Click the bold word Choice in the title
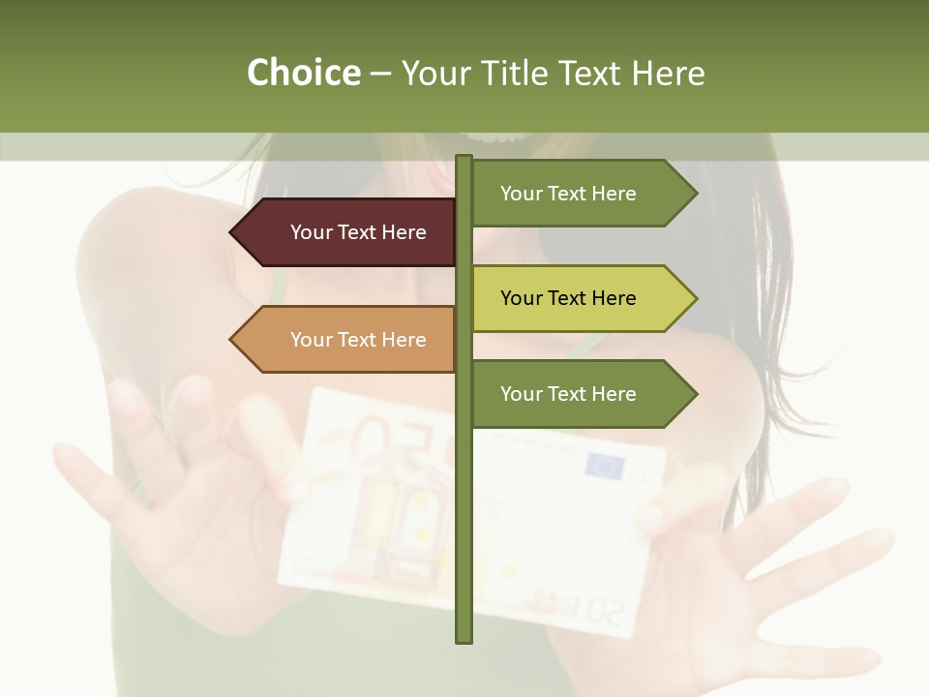(x=303, y=73)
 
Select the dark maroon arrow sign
(x=348, y=232)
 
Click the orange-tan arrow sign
(x=348, y=340)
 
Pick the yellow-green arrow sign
(x=581, y=298)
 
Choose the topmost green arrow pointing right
(x=581, y=194)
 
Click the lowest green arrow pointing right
(x=581, y=394)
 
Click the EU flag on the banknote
(x=606, y=467)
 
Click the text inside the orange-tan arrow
(x=358, y=340)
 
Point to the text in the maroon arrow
(x=358, y=232)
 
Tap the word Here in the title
(x=669, y=73)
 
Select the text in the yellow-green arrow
(x=568, y=298)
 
